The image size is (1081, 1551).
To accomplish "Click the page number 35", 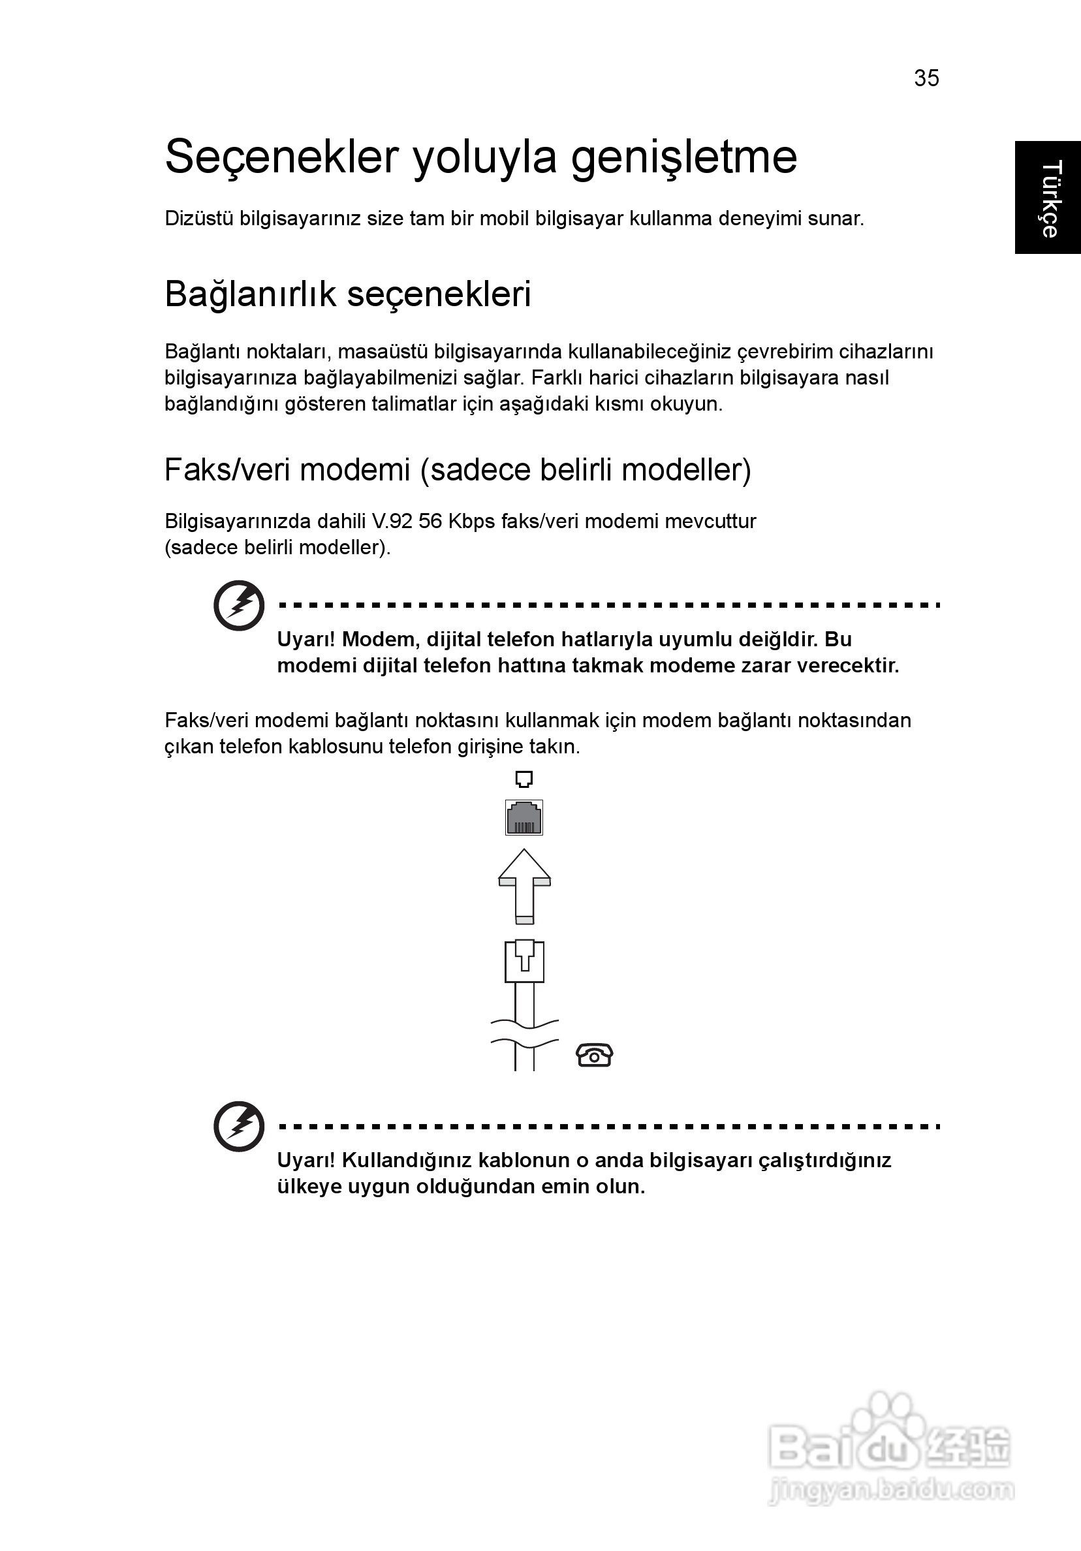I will point(926,78).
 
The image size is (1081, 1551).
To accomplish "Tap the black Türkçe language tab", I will point(1048,198).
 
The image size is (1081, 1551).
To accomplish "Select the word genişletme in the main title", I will point(684,157).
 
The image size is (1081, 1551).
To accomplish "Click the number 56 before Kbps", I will point(430,522).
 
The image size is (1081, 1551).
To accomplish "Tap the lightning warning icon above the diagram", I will point(238,605).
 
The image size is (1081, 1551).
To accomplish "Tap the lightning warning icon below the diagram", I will point(238,1126).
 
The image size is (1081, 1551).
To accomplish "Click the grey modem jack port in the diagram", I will point(524,817).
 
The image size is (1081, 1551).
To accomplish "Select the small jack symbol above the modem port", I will point(524,779).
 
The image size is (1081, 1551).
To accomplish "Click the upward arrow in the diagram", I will point(524,885).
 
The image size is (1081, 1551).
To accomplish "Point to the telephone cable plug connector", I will point(524,961).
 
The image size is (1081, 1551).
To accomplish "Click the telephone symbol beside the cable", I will point(595,1055).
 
